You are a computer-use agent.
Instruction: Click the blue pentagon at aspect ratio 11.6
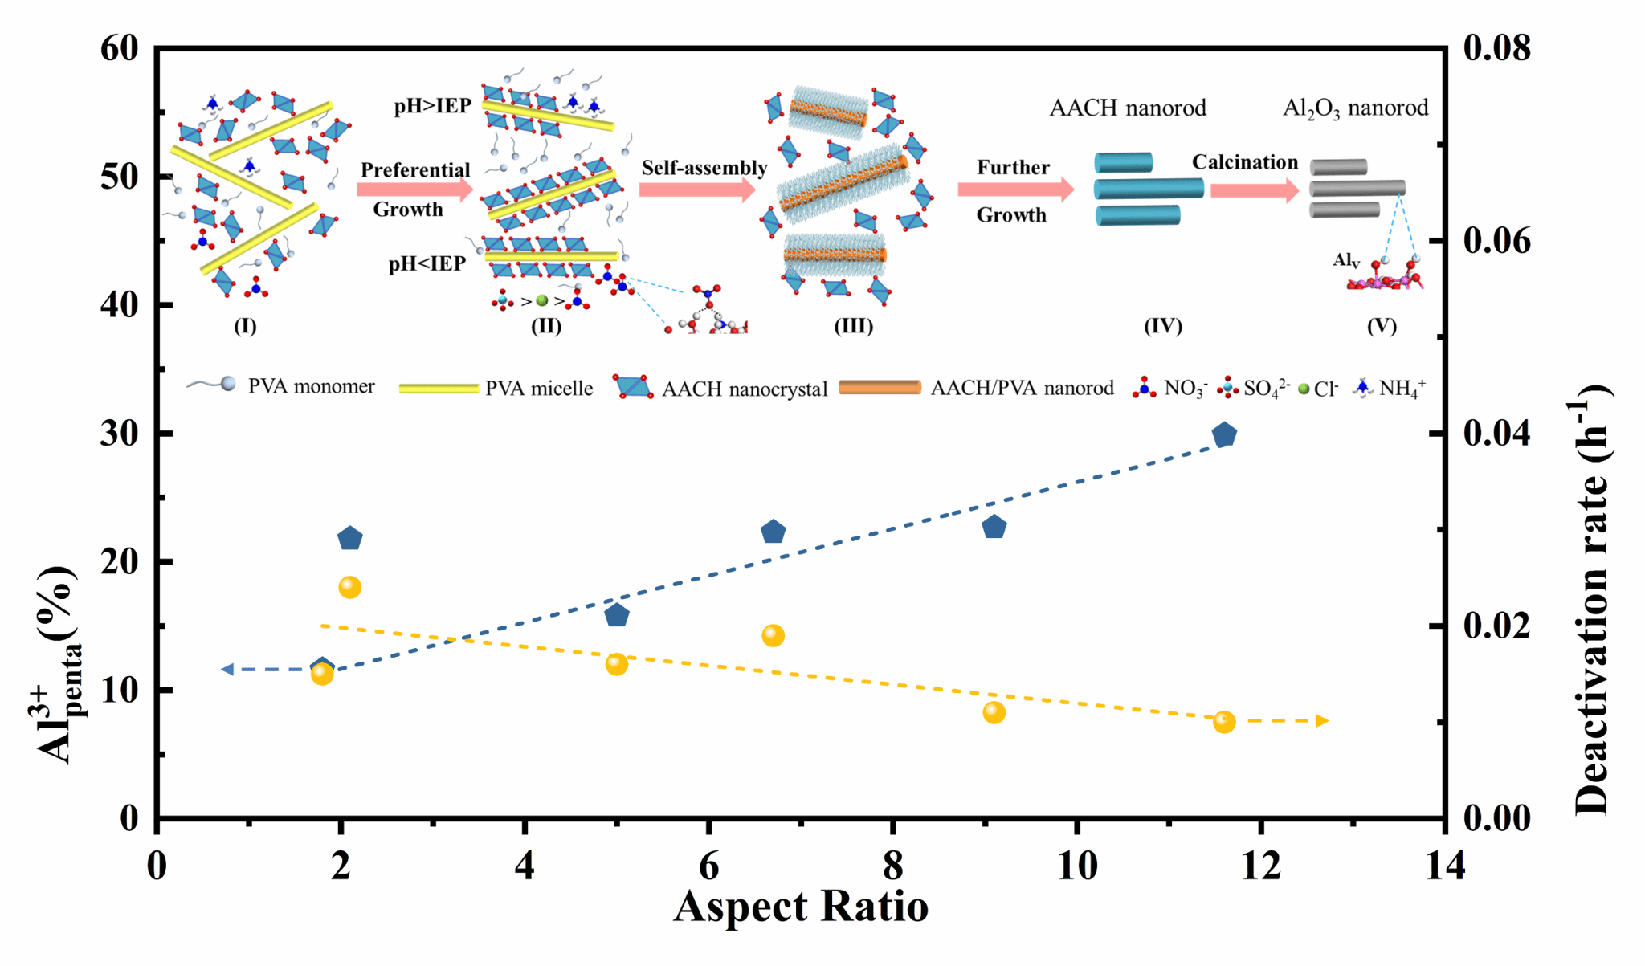tap(1223, 435)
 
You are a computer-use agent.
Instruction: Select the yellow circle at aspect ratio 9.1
tap(994, 712)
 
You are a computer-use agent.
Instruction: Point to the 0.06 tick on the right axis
tap(1496, 240)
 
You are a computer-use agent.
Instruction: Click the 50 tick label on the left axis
tap(120, 177)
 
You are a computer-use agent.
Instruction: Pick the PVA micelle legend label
tap(539, 389)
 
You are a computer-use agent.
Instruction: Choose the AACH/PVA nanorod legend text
tap(1022, 389)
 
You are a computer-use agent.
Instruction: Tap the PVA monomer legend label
tap(311, 386)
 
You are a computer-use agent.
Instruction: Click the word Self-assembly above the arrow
tap(704, 168)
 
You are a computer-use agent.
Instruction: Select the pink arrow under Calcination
tap(1254, 190)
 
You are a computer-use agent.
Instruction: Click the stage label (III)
tap(853, 326)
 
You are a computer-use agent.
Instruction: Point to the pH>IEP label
tap(432, 107)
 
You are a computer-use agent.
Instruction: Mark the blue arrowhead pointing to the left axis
tap(227, 669)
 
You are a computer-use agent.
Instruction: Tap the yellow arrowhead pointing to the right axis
tap(1322, 721)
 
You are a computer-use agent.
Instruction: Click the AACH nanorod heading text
tap(1128, 108)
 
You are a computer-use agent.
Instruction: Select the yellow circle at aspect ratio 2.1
tap(349, 587)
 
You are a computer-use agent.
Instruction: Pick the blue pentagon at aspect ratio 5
tap(616, 615)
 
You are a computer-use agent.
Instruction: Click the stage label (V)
tap(1382, 326)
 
